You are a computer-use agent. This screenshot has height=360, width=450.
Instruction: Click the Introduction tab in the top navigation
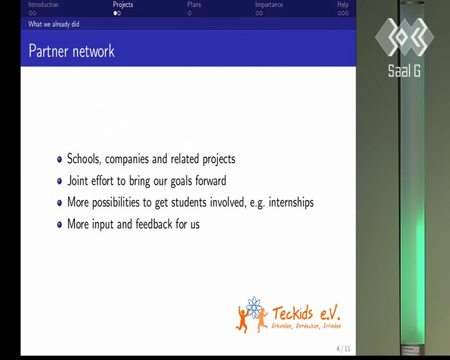[43, 4]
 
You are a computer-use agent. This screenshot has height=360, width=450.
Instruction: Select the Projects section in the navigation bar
[123, 5]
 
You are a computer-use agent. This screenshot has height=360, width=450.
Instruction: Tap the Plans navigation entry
[194, 4]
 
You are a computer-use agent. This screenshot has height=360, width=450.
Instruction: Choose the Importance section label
[269, 5]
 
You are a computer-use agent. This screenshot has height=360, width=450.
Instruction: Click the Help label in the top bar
[342, 4]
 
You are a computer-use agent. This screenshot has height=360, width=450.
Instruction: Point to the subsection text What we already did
[54, 24]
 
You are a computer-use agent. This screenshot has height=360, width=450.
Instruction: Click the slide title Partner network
[71, 51]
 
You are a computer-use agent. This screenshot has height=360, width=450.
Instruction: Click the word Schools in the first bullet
[84, 159]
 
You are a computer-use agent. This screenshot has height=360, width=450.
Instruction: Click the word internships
[291, 202]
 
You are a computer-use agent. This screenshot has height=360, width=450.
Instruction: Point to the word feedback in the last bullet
[154, 224]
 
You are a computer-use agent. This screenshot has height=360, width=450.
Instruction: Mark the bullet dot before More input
[59, 224]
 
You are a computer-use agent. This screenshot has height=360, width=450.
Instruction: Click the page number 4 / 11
[343, 349]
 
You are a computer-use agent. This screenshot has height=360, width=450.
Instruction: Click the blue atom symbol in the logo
[253, 307]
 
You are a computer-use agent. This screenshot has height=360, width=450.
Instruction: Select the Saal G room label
[404, 71]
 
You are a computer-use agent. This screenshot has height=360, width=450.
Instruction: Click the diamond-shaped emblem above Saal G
[404, 37]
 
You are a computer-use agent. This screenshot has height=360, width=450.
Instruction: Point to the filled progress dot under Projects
[115, 13]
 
